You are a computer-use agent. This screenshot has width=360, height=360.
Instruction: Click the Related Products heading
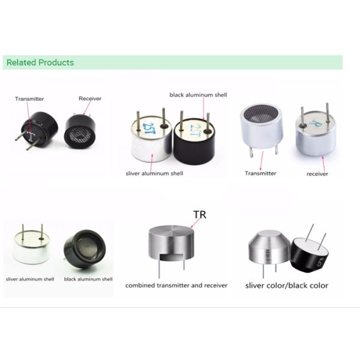coord(40,62)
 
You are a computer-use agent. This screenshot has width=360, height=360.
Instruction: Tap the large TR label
coord(200,215)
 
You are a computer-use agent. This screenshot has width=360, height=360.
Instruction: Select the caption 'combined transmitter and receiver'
coord(176,286)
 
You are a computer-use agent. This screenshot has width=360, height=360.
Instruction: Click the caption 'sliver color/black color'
coord(287,286)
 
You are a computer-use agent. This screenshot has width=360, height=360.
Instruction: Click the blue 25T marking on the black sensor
coord(196,130)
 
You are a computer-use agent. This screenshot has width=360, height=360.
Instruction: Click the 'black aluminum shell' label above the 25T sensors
coord(198,95)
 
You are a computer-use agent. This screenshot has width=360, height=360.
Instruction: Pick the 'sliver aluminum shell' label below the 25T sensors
coord(154,173)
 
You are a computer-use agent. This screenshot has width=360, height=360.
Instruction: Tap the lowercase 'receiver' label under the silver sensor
coord(317,174)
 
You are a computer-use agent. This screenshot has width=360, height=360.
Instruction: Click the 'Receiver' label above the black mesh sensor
coord(90,98)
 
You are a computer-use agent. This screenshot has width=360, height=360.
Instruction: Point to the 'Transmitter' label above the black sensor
coord(29,99)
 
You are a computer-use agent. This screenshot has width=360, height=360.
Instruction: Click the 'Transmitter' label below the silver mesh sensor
coord(260,173)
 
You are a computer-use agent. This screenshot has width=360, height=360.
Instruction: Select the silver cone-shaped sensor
coord(269,248)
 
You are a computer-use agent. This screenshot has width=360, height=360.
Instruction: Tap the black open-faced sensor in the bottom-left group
coord(84,249)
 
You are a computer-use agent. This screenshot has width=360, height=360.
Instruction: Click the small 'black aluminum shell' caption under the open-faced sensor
coord(88,279)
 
